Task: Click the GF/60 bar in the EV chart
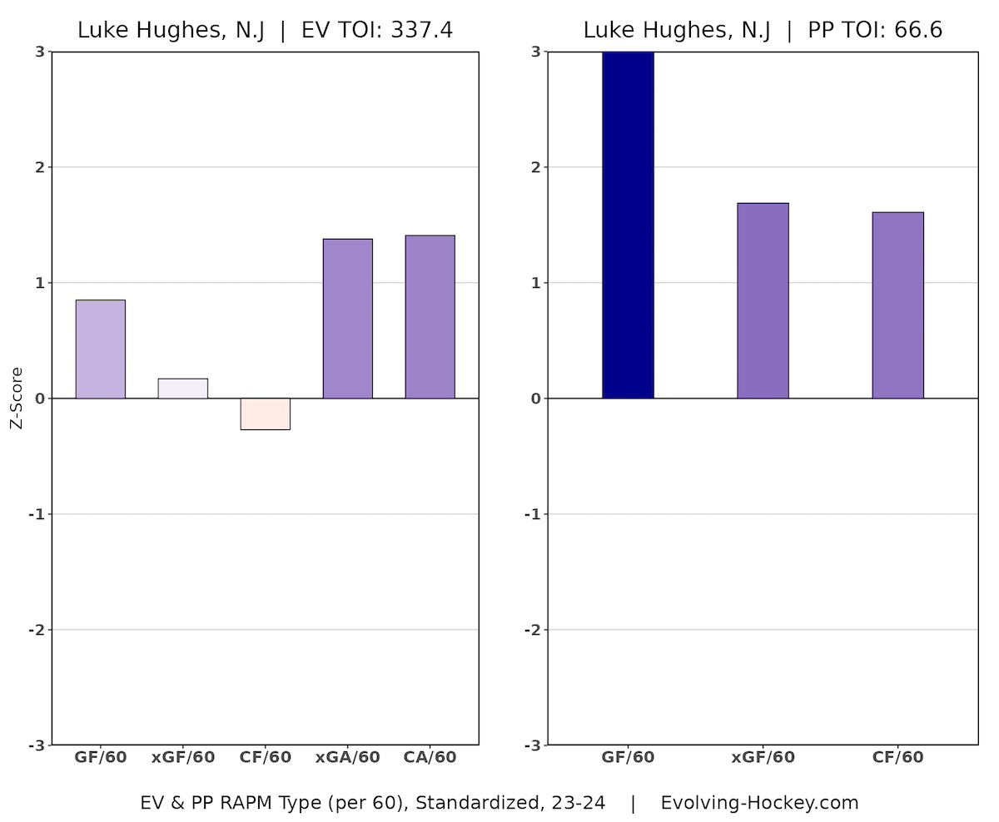pyautogui.click(x=100, y=349)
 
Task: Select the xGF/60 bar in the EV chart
pyautogui.click(x=182, y=389)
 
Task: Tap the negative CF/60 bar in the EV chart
pyautogui.click(x=265, y=413)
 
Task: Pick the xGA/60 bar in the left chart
pyautogui.click(x=347, y=319)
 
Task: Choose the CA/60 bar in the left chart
pyautogui.click(x=430, y=317)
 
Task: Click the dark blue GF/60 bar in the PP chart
pyautogui.click(x=628, y=225)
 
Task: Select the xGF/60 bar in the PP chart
pyautogui.click(x=763, y=300)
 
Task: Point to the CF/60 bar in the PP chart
pyautogui.click(x=897, y=305)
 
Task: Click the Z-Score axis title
pyautogui.click(x=17, y=399)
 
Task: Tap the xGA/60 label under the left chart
pyautogui.click(x=347, y=758)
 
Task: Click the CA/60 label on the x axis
pyautogui.click(x=430, y=758)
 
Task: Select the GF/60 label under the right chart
pyautogui.click(x=628, y=758)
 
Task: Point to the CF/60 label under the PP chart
pyautogui.click(x=897, y=758)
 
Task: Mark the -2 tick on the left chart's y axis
pyautogui.click(x=36, y=630)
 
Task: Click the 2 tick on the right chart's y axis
pyautogui.click(x=536, y=167)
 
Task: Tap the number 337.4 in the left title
pyautogui.click(x=421, y=31)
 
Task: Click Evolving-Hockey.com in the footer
pyautogui.click(x=759, y=803)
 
